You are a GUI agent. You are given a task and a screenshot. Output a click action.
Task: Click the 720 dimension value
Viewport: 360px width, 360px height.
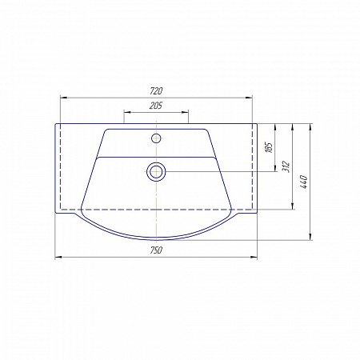click(156, 91)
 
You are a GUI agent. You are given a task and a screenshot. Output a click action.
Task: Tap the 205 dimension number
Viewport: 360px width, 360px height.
click(156, 106)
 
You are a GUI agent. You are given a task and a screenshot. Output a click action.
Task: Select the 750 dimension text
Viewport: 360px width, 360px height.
click(156, 250)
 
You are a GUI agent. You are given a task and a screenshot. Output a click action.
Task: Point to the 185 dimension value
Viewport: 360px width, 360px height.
click(270, 147)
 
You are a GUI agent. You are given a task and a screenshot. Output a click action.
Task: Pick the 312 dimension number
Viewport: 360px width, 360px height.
click(286, 166)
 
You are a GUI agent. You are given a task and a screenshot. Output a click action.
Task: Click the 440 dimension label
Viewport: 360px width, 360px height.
click(304, 182)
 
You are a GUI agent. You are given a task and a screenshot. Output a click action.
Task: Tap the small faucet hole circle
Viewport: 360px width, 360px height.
click(156, 138)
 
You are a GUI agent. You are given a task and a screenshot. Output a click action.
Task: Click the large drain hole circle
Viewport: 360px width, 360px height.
click(156, 172)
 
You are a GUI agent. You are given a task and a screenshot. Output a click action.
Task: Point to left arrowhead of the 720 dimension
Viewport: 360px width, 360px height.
click(64, 98)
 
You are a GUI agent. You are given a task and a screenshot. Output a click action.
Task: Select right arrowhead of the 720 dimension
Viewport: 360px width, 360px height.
click(249, 98)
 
